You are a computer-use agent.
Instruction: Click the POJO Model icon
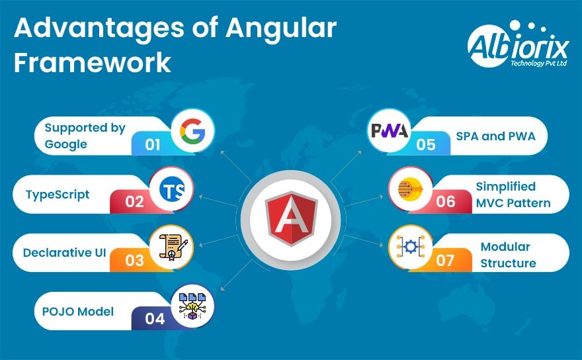[x=192, y=306]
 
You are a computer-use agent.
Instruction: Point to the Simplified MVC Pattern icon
[x=409, y=191]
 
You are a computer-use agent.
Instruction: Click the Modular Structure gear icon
[x=409, y=247]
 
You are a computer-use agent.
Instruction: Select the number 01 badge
[x=153, y=144]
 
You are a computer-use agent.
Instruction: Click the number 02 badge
[x=134, y=201]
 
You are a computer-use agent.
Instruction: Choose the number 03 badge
[x=134, y=260]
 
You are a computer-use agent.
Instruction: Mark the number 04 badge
[x=155, y=318]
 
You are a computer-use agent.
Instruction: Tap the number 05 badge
[x=426, y=144]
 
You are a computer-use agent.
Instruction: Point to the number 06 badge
[x=446, y=201]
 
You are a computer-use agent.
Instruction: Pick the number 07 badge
[x=445, y=260]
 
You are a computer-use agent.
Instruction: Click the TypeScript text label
[x=57, y=195]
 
